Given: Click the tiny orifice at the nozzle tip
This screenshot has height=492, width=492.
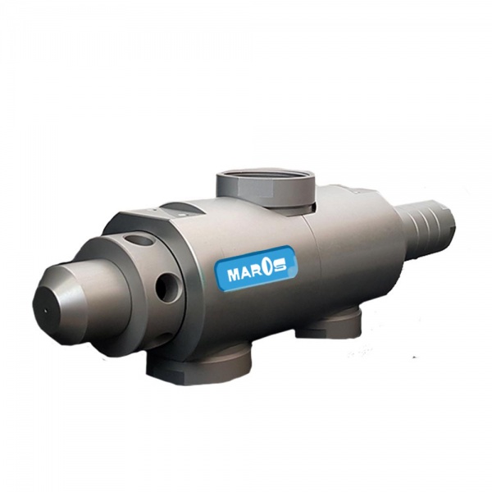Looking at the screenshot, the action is coord(45,311).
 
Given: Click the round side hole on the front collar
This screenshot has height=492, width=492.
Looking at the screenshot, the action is coord(167,286).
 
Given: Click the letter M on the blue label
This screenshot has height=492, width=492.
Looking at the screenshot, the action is coord(235,276).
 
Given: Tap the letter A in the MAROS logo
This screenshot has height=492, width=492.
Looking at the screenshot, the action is coord(248,273).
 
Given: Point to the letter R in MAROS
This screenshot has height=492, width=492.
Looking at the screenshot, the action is coord(260,271).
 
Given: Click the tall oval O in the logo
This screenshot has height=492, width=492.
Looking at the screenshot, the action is coord(271,269).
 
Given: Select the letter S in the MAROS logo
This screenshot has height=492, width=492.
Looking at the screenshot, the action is coord(280,267).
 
